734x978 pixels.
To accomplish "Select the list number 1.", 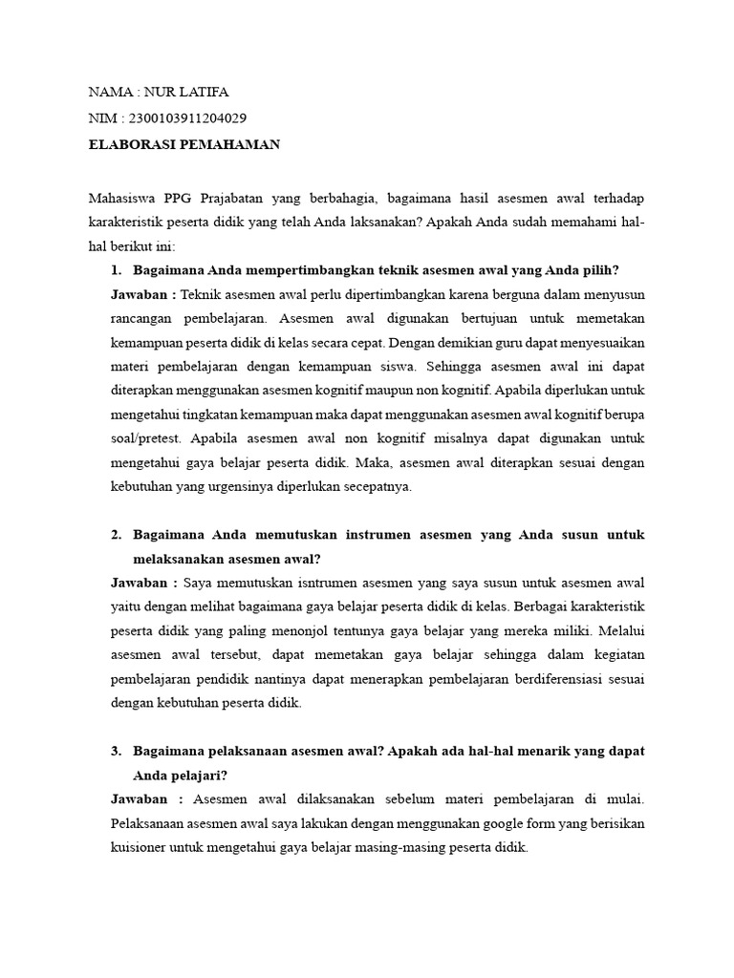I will pyautogui.click(x=117, y=270).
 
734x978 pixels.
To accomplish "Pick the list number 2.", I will pyautogui.click(x=117, y=535).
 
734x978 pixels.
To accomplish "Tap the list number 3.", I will pyautogui.click(x=117, y=751).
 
